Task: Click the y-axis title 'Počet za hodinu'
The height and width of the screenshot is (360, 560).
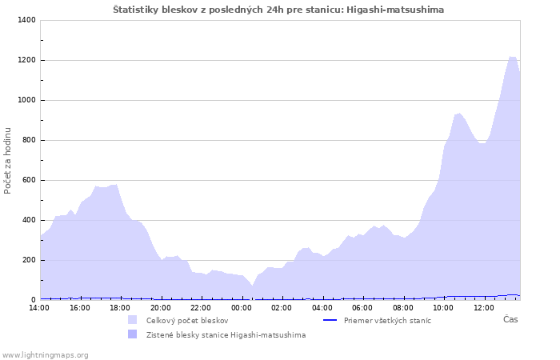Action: pyautogui.click(x=8, y=160)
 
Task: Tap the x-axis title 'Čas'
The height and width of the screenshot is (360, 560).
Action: pyautogui.click(x=510, y=319)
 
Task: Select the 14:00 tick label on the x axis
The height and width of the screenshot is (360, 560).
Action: pyautogui.click(x=39, y=307)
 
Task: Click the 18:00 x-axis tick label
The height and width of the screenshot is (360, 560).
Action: pyautogui.click(x=120, y=307)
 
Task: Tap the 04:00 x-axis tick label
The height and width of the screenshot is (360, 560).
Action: pyautogui.click(x=322, y=307)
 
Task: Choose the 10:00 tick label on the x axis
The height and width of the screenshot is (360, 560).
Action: pyautogui.click(x=443, y=307)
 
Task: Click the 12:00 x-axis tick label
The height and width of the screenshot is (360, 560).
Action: pyautogui.click(x=484, y=307)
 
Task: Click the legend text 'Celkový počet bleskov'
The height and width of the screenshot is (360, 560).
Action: pyautogui.click(x=186, y=320)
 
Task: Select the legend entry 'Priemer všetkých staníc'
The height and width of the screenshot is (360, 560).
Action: pyautogui.click(x=387, y=320)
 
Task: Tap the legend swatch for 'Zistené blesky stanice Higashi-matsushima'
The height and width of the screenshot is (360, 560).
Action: pyautogui.click(x=133, y=334)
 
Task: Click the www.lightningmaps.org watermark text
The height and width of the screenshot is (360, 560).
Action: pyautogui.click(x=45, y=354)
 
